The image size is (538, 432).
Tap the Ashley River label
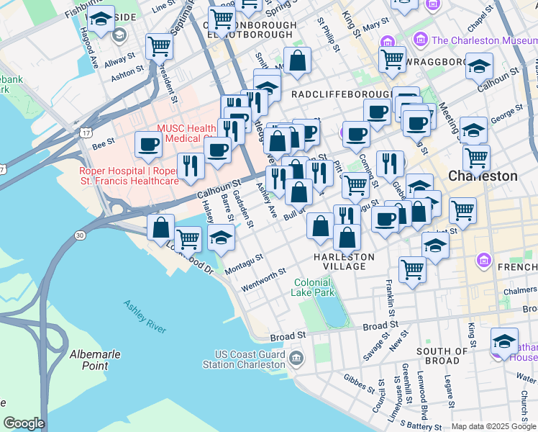point(145,316)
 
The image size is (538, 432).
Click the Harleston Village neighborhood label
point(344,261)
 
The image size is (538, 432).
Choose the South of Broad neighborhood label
point(438,356)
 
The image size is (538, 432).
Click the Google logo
point(24,423)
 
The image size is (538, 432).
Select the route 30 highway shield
point(79,235)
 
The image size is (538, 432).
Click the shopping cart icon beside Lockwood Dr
point(188,237)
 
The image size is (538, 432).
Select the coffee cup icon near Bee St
point(149,143)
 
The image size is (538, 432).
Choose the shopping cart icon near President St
point(159,46)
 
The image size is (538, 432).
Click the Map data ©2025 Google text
point(493,426)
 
